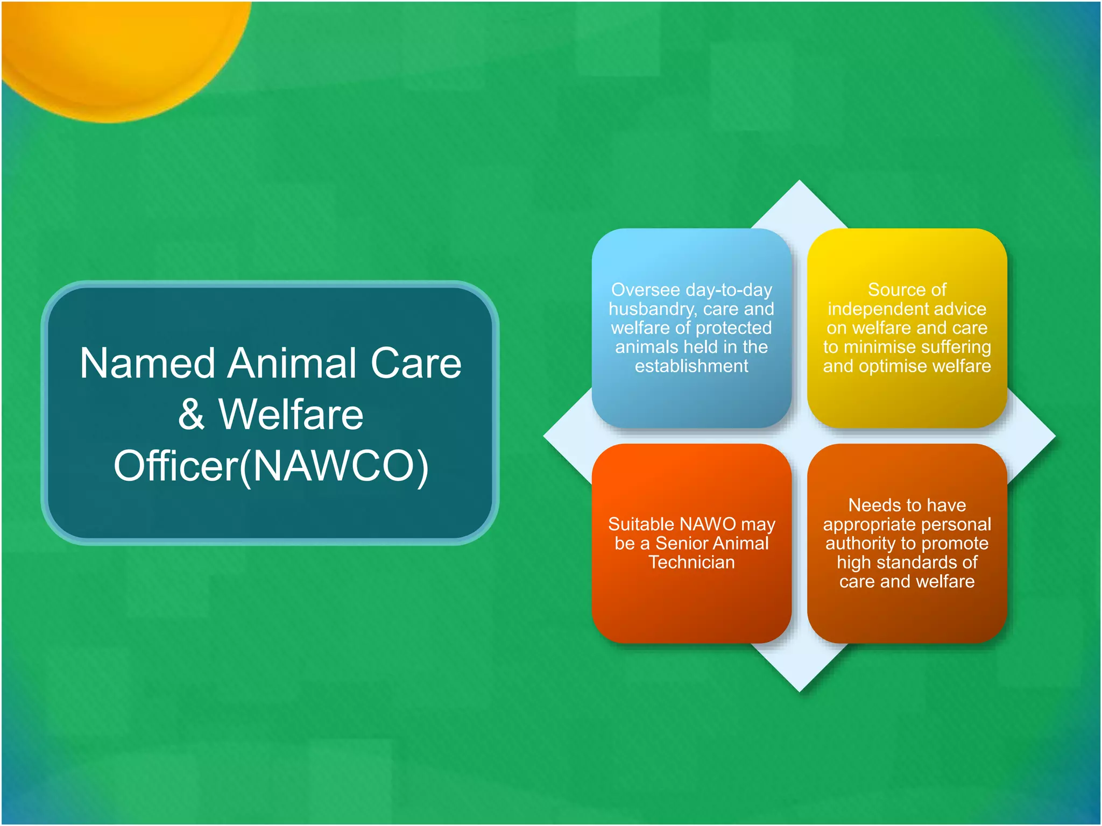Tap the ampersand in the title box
[192, 415]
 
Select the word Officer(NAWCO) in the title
[271, 466]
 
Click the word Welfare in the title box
[291, 415]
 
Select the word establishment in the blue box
[691, 366]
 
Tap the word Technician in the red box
[691, 562]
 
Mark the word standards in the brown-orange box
[917, 562]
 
